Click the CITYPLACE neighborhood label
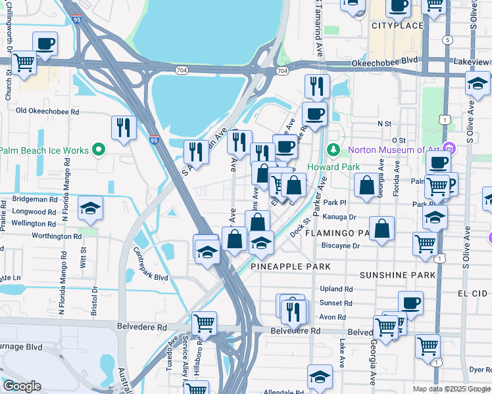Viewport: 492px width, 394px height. point(397,26)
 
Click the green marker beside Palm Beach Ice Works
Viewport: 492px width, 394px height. point(99,150)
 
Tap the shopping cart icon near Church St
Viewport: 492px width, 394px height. point(24,63)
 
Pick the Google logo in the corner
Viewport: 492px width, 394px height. point(21,386)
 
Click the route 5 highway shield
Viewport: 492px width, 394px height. point(448,40)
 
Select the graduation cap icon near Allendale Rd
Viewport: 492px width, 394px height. point(320,377)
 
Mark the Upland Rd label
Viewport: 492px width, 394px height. point(336,289)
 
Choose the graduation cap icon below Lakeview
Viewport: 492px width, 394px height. point(477,83)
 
